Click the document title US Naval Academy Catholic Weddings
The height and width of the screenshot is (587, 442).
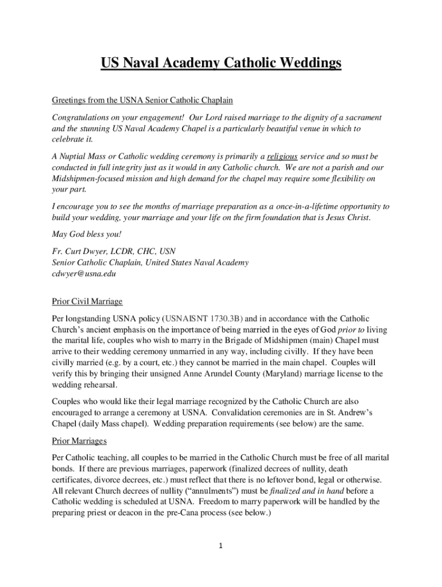tap(221, 63)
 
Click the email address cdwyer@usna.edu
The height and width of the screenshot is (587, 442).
tap(84, 274)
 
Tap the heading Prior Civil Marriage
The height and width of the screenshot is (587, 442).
tap(87, 302)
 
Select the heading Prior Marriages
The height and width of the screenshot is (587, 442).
tap(79, 441)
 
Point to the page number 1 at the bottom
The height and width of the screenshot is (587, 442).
tap(220, 546)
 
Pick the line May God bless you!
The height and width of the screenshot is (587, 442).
tap(79, 234)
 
